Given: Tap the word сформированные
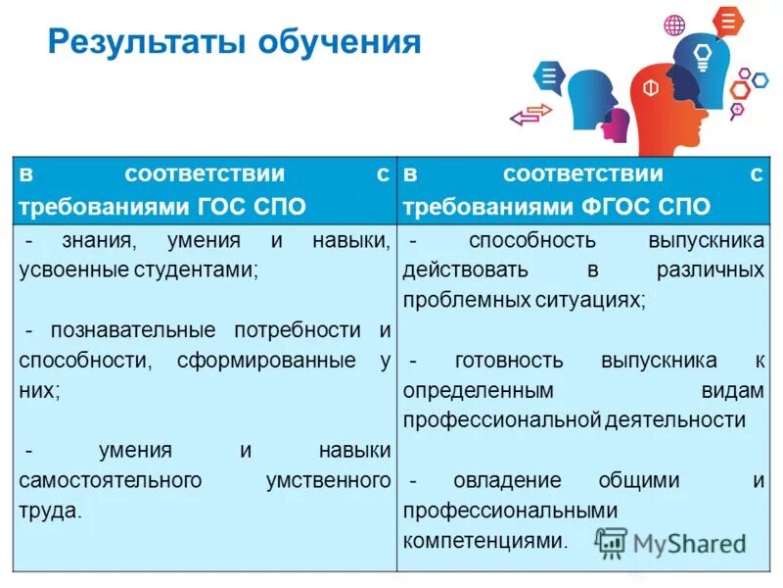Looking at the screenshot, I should tap(266, 360).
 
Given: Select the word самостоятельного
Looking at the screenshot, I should tap(110, 480).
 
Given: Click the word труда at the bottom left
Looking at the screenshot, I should tap(47, 511).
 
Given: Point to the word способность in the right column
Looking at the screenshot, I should tap(531, 240).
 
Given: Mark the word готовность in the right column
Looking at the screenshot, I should tap(509, 360).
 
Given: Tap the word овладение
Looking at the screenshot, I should tap(507, 480).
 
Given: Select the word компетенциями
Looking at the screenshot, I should tap(483, 540).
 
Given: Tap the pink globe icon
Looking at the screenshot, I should tap(674, 24).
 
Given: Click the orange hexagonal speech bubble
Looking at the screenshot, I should tap(727, 20).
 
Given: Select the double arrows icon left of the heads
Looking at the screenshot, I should tap(531, 115).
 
